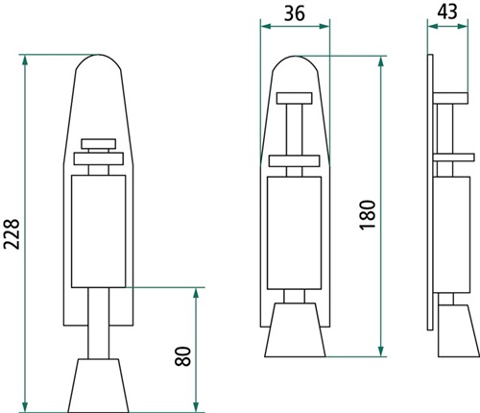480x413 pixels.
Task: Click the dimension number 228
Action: pos(12,234)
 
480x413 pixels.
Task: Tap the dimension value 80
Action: pos(183,356)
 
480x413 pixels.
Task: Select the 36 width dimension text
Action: pos(295,14)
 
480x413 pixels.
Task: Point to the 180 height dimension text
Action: pos(367,215)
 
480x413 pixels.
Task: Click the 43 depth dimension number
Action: pos(447,12)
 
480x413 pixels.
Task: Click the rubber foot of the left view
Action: pos(98,385)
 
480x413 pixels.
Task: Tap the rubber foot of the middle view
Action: pos(295,329)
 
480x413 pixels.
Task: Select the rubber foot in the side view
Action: pos(458,330)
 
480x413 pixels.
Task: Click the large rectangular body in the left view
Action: pos(98,231)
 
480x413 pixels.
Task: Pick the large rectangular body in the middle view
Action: pos(294,232)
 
